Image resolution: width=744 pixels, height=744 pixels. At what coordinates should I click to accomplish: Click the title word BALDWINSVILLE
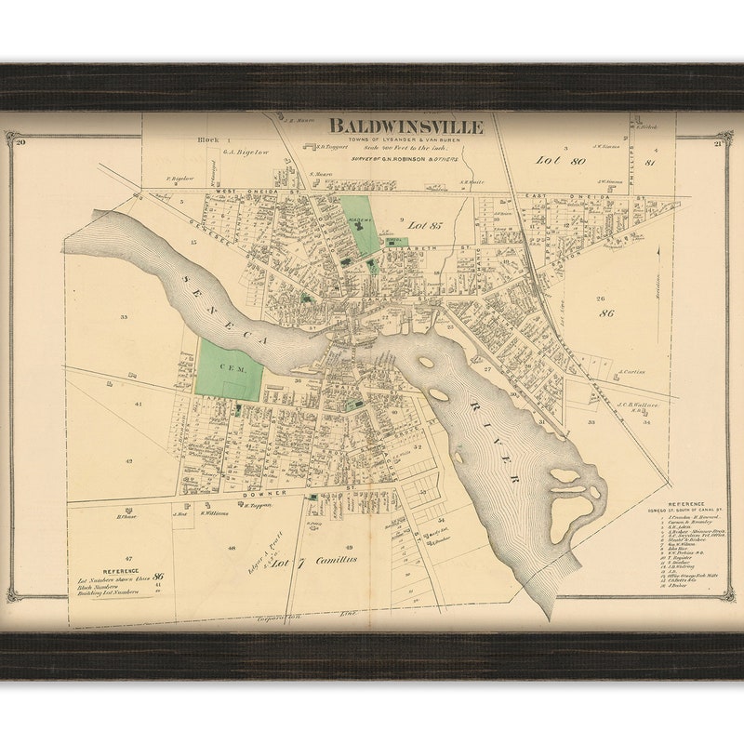(x=405, y=126)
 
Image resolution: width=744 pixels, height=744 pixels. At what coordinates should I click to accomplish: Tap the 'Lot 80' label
(x=561, y=160)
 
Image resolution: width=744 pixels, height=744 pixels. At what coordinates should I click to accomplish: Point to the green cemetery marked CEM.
(x=226, y=369)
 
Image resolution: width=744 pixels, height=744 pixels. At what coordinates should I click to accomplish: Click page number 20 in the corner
(x=20, y=141)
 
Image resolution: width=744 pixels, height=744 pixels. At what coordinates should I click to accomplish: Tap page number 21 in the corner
(x=718, y=143)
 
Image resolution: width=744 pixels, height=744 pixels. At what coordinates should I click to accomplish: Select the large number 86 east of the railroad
(x=606, y=314)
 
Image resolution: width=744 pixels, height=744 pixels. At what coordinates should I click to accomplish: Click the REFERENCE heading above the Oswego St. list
(x=685, y=502)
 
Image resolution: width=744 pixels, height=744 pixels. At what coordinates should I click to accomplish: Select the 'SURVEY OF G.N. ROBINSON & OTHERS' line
(x=405, y=158)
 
